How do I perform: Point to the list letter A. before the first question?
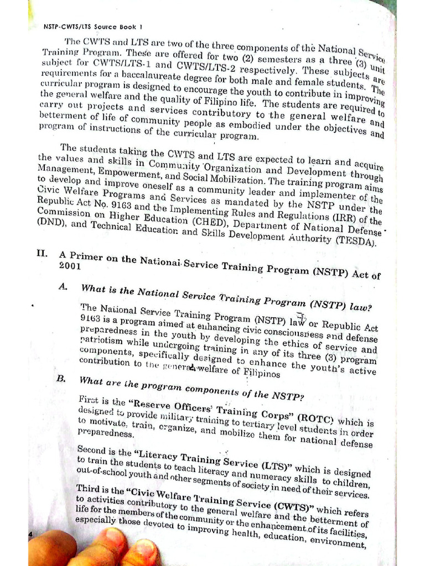pos(63,287)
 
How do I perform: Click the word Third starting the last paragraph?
pos(90,488)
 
